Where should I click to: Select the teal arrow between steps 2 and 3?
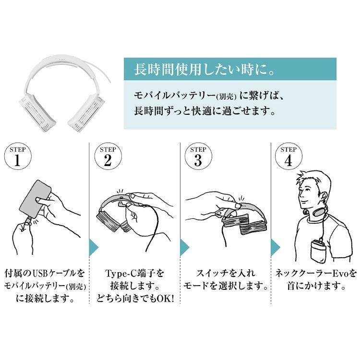click(184, 247)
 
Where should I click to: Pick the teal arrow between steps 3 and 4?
click(275, 247)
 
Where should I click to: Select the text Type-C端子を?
click(134, 274)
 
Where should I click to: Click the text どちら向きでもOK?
click(134, 299)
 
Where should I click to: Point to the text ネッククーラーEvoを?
click(316, 274)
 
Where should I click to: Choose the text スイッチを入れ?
click(226, 274)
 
